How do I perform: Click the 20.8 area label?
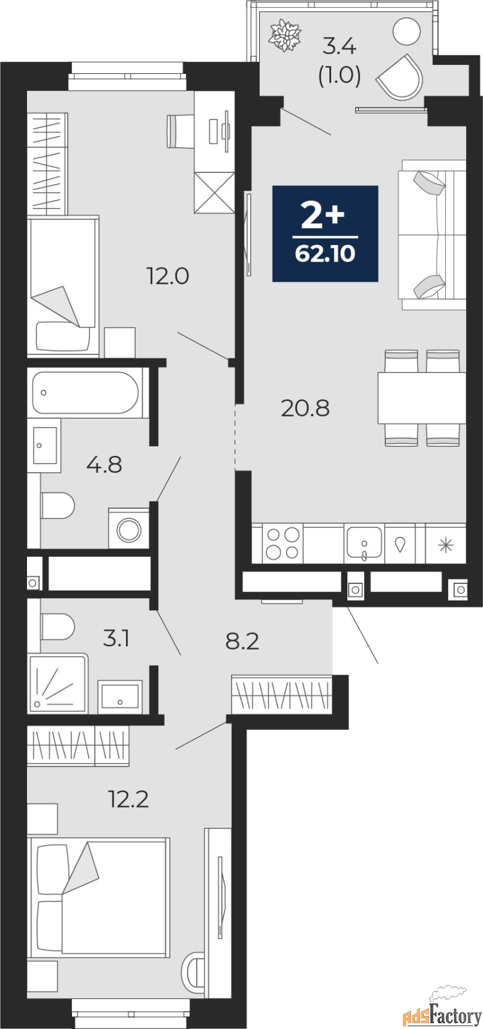(x=305, y=407)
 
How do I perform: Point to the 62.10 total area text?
(x=325, y=254)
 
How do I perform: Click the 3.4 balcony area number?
(x=339, y=47)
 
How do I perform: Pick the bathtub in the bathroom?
(x=85, y=392)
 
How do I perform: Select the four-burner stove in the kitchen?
(x=282, y=544)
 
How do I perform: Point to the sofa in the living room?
(x=431, y=235)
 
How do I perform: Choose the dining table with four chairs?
(x=421, y=397)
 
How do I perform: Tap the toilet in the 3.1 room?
(x=58, y=626)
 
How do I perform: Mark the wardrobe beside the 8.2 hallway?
(x=282, y=695)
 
